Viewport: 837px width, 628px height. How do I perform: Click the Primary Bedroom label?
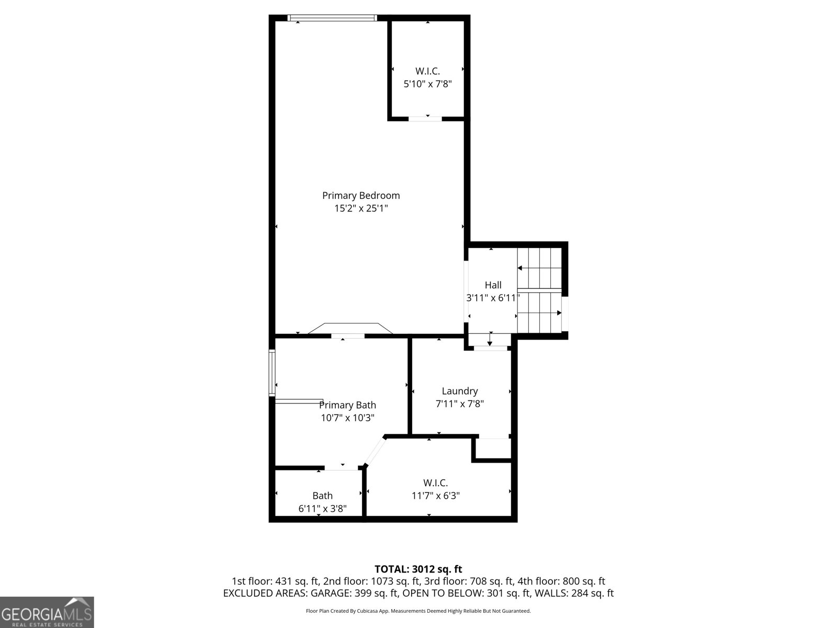[x=361, y=195]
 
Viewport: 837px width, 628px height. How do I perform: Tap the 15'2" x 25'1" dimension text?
[x=361, y=208]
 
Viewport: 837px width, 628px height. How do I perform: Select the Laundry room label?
[x=459, y=391]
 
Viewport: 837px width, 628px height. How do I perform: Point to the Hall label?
[x=493, y=285]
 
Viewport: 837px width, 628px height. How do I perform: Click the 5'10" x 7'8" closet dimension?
[x=427, y=84]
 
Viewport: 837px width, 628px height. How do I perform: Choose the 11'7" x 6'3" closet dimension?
[x=435, y=496]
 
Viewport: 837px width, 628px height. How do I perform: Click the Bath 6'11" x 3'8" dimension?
[x=322, y=508]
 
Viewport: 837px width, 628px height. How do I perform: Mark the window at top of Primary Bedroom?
[x=332, y=18]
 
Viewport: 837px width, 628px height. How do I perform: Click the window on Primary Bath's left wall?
[x=272, y=373]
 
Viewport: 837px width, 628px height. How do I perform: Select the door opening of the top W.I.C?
[x=425, y=118]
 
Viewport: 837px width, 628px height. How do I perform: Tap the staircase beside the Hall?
[x=539, y=289]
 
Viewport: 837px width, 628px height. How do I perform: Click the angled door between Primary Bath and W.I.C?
[x=375, y=451]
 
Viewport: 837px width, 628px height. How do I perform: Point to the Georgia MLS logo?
[x=47, y=612]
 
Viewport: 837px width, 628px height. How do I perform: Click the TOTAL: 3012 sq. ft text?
[x=418, y=569]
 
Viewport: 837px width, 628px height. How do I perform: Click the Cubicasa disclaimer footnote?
[x=418, y=611]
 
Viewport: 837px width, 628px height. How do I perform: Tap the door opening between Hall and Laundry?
[x=490, y=348]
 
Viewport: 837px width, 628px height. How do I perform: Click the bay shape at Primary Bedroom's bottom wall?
[x=350, y=329]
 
